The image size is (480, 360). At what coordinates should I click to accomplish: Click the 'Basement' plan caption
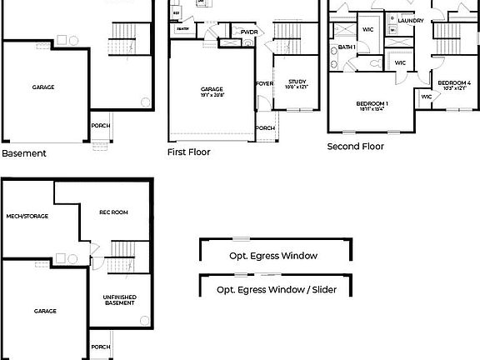pos(24,153)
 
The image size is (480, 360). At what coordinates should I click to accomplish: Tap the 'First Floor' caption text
pos(188,152)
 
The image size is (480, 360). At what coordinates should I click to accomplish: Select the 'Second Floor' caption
pos(355,146)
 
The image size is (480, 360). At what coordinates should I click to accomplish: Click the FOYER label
pos(264,83)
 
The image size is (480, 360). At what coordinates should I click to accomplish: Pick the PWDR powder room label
pos(248,32)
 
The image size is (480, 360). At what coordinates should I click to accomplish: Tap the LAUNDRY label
pos(411,21)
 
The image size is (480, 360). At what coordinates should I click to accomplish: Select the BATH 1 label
pos(347,47)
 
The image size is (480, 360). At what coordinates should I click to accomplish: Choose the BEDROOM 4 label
pos(454,82)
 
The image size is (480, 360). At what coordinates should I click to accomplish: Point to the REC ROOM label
pos(113,212)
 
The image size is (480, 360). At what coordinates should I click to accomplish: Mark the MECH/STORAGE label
pos(27,216)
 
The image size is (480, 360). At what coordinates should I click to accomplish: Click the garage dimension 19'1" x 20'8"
pos(212,96)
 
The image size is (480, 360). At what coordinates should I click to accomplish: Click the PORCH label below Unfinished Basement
pos(100,347)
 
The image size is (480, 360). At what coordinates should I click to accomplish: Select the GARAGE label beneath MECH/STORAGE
pos(45,311)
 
